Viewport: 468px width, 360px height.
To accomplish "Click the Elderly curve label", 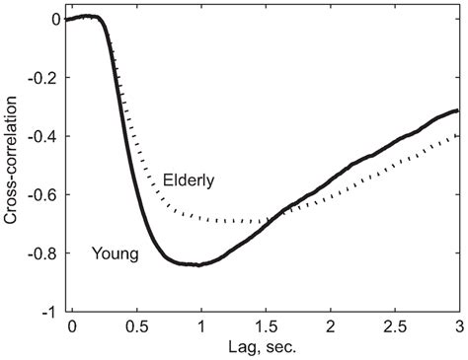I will tap(187, 181).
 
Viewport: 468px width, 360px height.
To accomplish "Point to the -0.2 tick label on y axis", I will tap(43, 78).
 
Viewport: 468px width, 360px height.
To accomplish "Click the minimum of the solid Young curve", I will tap(199, 264).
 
